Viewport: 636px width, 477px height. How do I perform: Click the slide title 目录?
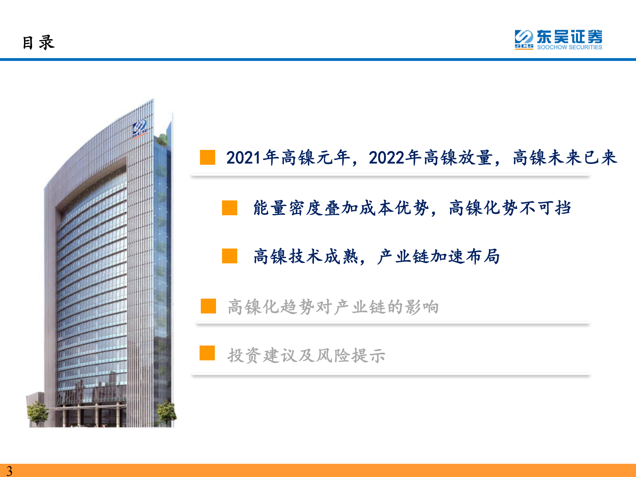click(38, 42)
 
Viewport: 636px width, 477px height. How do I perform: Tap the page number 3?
click(9, 471)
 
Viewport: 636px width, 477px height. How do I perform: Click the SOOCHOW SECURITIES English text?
click(569, 47)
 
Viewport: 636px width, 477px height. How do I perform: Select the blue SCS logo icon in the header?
click(524, 39)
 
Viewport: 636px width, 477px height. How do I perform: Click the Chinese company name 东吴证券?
click(569, 37)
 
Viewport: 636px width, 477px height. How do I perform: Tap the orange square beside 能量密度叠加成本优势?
click(230, 208)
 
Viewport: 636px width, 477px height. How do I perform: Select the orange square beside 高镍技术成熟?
click(230, 256)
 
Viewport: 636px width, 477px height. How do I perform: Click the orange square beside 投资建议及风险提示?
click(207, 353)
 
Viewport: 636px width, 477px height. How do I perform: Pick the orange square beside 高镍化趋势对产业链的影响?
click(208, 306)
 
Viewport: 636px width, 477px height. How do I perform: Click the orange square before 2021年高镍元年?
click(208, 158)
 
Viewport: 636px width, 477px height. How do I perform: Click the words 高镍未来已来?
click(564, 158)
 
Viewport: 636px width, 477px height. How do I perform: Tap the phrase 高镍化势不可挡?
click(510, 208)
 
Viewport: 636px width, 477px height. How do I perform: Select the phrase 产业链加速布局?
click(438, 257)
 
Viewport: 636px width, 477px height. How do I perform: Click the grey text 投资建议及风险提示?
click(307, 356)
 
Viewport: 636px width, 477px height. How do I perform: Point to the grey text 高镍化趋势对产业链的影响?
click(333, 307)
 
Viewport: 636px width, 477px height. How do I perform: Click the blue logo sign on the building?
click(140, 128)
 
